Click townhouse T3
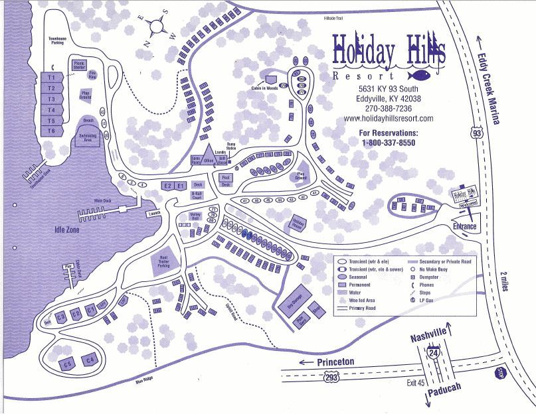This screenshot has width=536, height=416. point(50,99)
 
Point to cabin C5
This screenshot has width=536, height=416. point(67,364)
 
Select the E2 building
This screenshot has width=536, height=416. point(167,186)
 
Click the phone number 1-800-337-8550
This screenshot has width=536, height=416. point(389,143)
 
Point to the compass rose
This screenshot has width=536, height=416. point(157,28)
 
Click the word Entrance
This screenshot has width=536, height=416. point(465,227)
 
